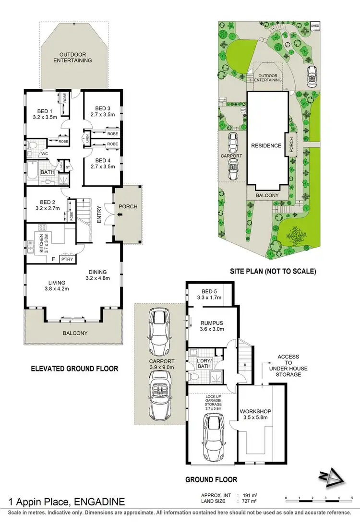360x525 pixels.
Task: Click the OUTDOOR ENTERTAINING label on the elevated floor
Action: point(72,57)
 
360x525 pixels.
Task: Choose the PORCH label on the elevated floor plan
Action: point(129,206)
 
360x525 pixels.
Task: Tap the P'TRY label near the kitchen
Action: point(65,259)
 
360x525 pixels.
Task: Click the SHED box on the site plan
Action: point(315,25)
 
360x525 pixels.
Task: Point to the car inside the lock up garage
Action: point(212,434)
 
